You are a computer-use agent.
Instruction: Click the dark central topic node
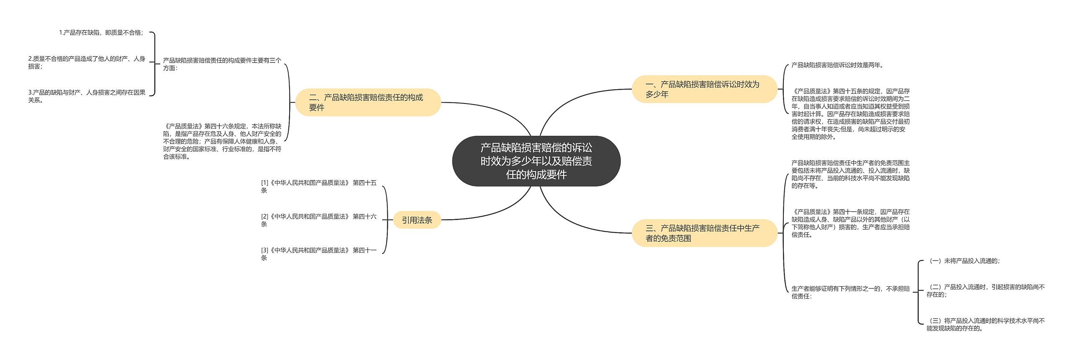tap(536, 161)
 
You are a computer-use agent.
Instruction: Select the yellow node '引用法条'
tap(417, 220)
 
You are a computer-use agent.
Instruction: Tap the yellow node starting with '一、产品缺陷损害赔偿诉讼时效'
tap(704, 89)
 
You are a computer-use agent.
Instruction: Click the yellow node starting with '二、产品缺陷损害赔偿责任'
tap(368, 103)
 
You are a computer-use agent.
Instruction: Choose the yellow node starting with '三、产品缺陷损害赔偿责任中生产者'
tap(704, 233)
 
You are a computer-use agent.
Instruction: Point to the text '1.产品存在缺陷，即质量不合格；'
tap(101, 33)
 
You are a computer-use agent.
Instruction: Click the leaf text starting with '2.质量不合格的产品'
tap(87, 62)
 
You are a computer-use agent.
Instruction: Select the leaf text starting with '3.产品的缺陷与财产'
tap(87, 96)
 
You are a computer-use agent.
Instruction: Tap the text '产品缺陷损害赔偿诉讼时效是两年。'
tap(837, 65)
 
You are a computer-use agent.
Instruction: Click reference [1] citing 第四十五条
tap(319, 186)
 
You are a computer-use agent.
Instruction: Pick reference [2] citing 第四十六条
tap(319, 220)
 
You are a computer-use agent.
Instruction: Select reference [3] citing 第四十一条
tap(319, 254)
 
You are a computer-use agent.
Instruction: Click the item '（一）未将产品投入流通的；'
tap(964, 261)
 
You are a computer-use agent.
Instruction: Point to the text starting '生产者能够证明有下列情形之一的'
tap(850, 293)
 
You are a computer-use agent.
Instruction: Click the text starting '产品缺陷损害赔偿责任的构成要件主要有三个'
tap(222, 64)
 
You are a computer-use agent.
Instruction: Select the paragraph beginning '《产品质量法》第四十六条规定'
tap(222, 141)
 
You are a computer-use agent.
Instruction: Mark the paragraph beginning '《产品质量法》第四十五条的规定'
tap(850, 114)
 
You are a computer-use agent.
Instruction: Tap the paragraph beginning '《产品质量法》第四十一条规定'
tap(850, 223)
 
